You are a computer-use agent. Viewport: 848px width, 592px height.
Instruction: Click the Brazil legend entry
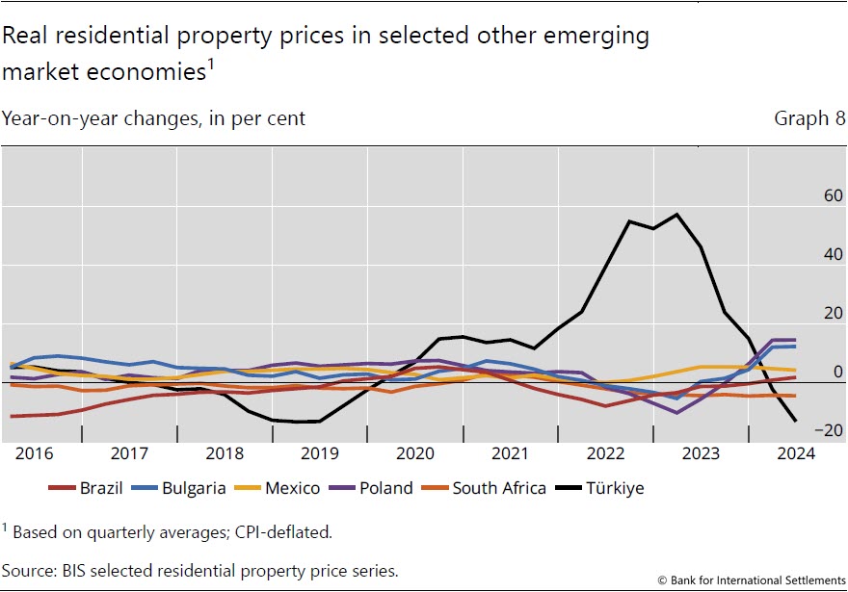[86, 488]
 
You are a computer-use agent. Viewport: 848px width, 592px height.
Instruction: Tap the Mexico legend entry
[278, 488]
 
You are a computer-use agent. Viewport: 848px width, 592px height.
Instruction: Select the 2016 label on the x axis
[34, 452]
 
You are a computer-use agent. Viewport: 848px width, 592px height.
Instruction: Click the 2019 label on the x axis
[318, 452]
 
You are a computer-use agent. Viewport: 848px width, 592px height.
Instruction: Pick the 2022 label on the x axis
[604, 452]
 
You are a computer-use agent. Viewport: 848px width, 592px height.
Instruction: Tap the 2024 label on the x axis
[794, 452]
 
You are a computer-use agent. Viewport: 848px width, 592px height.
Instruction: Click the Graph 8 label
[808, 119]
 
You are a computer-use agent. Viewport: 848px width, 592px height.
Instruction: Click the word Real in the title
[24, 36]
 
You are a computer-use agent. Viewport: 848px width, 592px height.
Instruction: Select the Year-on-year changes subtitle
[153, 119]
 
